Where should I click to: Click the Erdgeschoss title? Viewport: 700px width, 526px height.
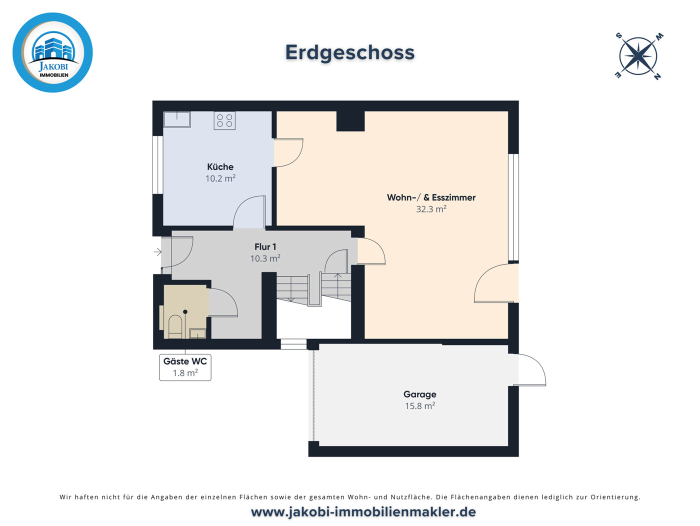click(x=350, y=52)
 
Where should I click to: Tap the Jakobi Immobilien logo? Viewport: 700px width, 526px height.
click(x=52, y=52)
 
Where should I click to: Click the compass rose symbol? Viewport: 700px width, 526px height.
click(x=638, y=56)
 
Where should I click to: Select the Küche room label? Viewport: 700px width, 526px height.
click(x=220, y=167)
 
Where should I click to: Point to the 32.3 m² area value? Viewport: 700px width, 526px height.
click(x=431, y=209)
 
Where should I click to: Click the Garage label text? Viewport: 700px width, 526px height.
click(x=419, y=394)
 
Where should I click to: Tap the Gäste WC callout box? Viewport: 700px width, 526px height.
click(x=185, y=367)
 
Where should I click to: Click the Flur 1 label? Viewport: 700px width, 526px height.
click(x=265, y=247)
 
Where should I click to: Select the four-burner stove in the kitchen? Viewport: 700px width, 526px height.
click(x=224, y=120)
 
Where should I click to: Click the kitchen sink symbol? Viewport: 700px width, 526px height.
click(x=177, y=119)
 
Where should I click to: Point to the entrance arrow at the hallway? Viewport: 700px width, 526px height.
click(x=157, y=252)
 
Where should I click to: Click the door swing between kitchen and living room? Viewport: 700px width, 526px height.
click(x=289, y=152)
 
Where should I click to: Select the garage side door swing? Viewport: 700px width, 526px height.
click(x=530, y=370)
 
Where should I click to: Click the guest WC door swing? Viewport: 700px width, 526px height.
click(x=222, y=303)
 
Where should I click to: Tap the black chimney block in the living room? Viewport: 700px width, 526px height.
click(x=350, y=121)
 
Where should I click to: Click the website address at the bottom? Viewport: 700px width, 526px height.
click(x=363, y=512)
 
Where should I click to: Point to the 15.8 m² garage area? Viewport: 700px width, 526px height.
click(x=419, y=406)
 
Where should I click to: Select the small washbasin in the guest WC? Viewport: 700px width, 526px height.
click(x=197, y=333)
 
